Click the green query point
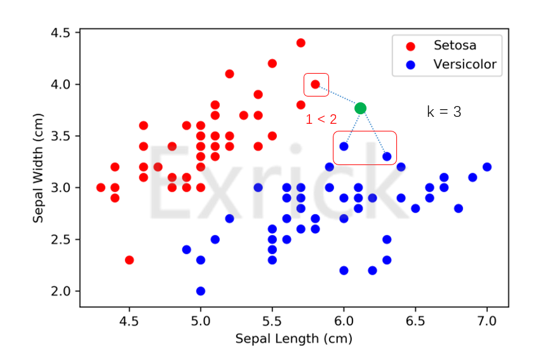360,108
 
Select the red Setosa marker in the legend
411,46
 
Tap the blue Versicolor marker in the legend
411,64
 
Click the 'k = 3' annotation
444,112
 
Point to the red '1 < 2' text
321,119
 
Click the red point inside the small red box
315,84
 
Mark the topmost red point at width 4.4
301,43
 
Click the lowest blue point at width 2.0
201,291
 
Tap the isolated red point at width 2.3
129,260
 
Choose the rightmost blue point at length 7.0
487,167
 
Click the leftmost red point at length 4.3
100,187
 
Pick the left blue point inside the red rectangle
344,146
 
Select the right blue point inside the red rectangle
387,156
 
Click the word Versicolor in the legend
464,64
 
